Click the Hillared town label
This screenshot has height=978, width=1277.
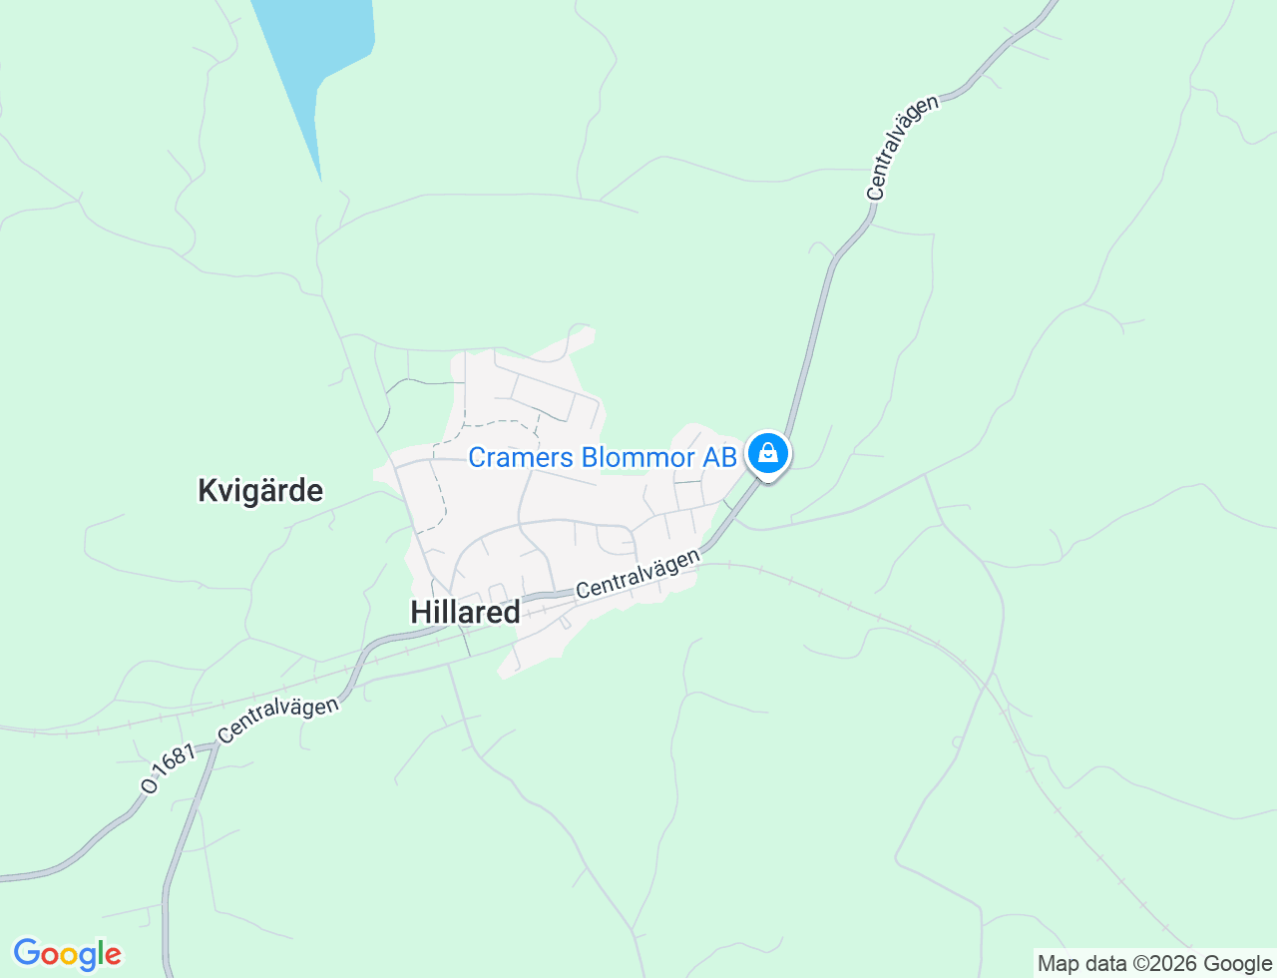tap(465, 612)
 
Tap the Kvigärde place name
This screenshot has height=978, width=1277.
tap(260, 491)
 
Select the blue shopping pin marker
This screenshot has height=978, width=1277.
tap(767, 454)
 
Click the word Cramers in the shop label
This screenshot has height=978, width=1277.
tap(521, 457)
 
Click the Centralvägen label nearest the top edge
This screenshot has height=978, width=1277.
tap(903, 148)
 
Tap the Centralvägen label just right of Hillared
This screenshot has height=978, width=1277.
tap(638, 574)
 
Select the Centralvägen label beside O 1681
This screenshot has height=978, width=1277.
tap(278, 719)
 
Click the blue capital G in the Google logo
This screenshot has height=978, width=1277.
tap(26, 954)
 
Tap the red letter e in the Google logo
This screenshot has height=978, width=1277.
tap(112, 956)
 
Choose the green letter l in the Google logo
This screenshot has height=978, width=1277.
tap(99, 953)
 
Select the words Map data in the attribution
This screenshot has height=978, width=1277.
tap(1081, 964)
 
